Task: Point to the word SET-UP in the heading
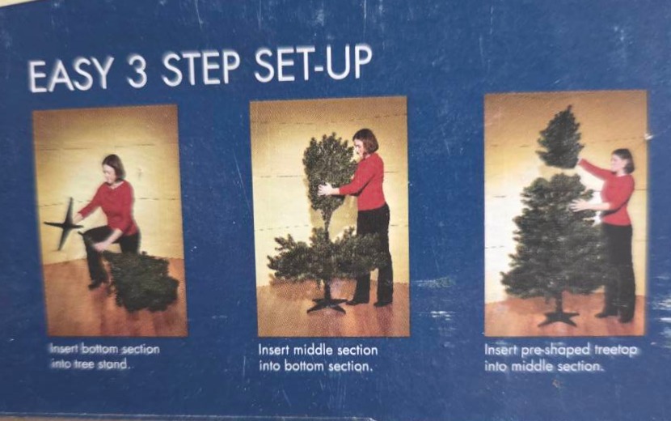(313, 63)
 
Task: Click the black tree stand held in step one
(64, 223)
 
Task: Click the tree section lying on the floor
(141, 280)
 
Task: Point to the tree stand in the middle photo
(327, 302)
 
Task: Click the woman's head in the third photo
(622, 160)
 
